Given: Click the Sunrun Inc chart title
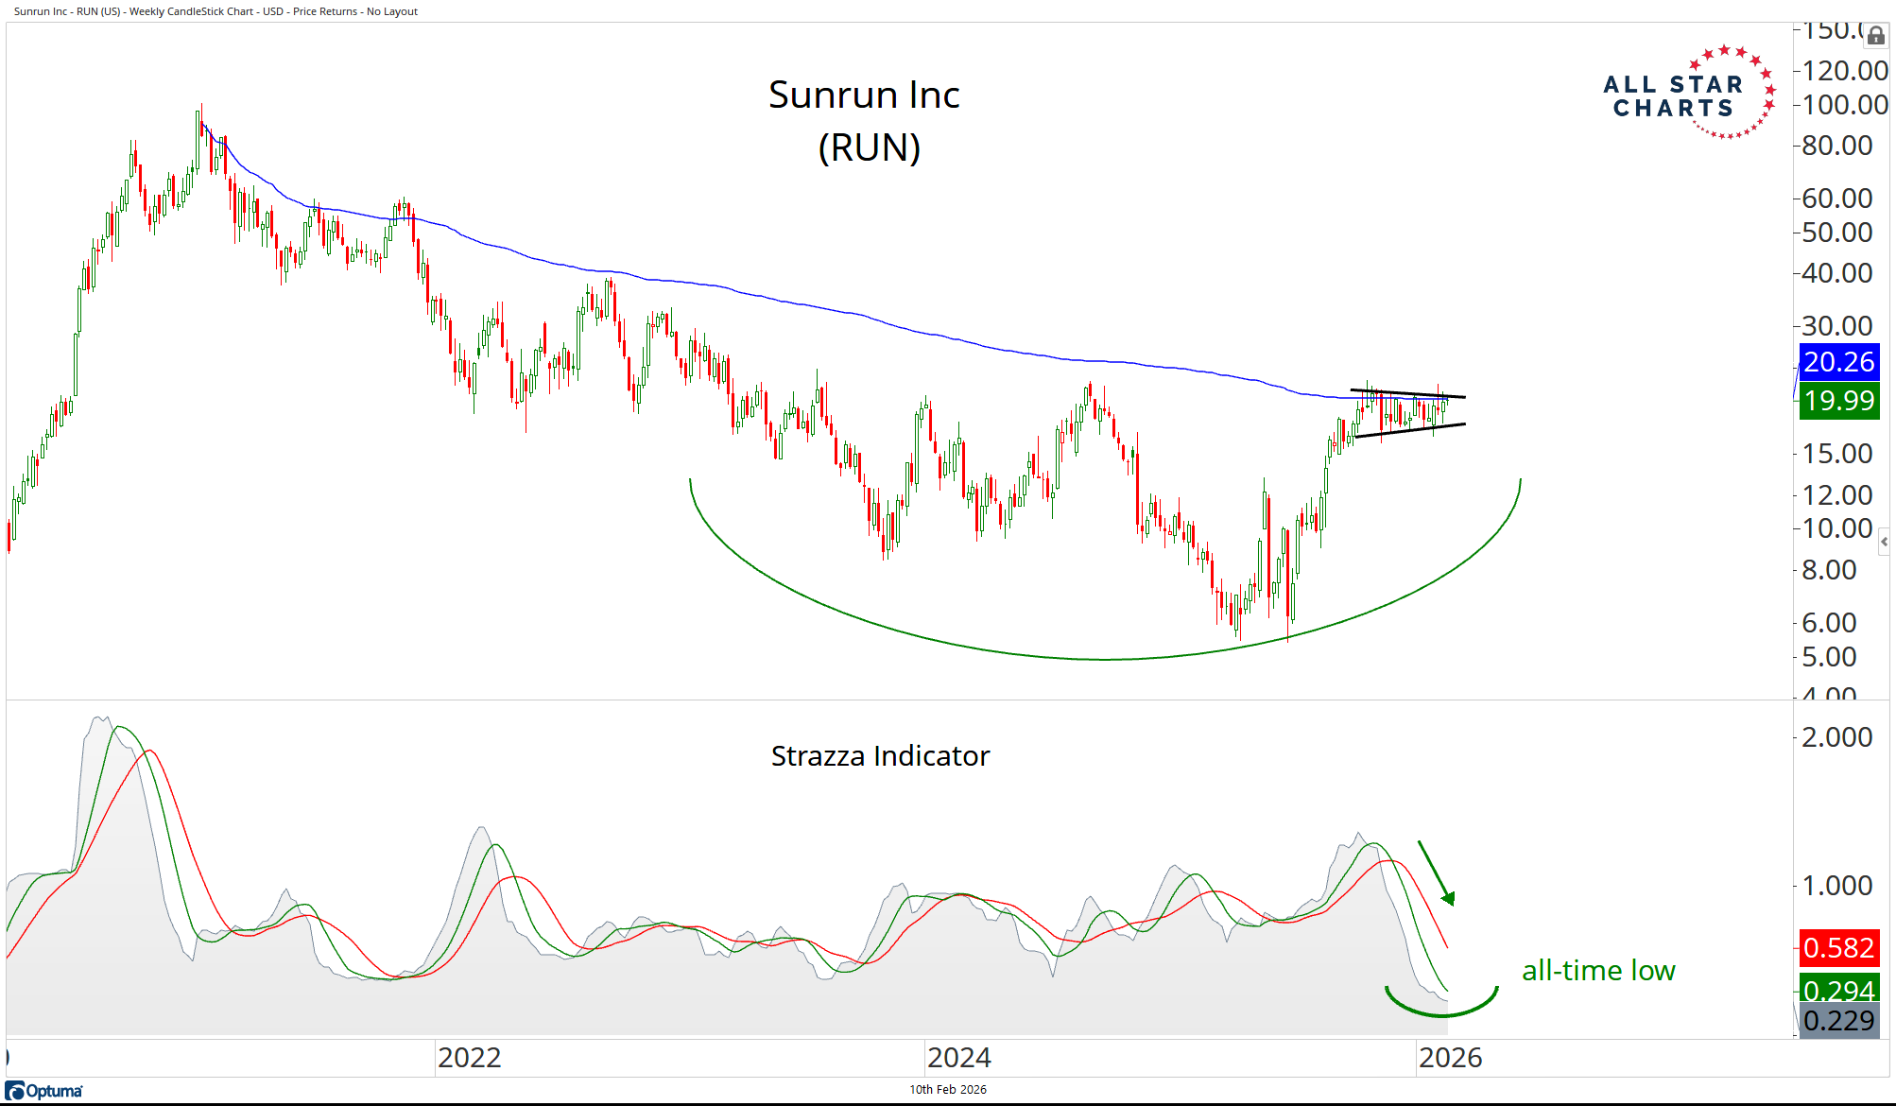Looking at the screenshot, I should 864,95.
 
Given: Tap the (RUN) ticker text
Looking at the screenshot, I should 869,147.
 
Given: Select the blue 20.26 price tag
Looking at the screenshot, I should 1837,362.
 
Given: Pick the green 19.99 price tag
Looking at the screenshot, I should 1837,401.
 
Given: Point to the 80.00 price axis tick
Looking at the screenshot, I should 1836,146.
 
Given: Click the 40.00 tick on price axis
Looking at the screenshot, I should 1836,273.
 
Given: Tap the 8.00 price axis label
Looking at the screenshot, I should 1829,570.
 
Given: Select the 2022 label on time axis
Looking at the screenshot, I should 469,1058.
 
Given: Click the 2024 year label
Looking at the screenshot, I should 958,1058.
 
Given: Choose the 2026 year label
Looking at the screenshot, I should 1450,1058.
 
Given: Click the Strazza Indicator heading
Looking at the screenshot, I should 880,756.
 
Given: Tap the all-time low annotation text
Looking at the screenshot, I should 1598,971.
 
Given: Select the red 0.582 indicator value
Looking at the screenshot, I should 1837,947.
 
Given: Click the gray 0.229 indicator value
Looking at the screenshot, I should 1837,1021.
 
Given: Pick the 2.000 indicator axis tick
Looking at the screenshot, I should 1836,737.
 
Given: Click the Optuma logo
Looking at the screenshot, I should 44,1091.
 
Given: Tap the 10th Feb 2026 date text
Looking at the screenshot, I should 947,1090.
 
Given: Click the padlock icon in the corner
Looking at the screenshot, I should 1875,36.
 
